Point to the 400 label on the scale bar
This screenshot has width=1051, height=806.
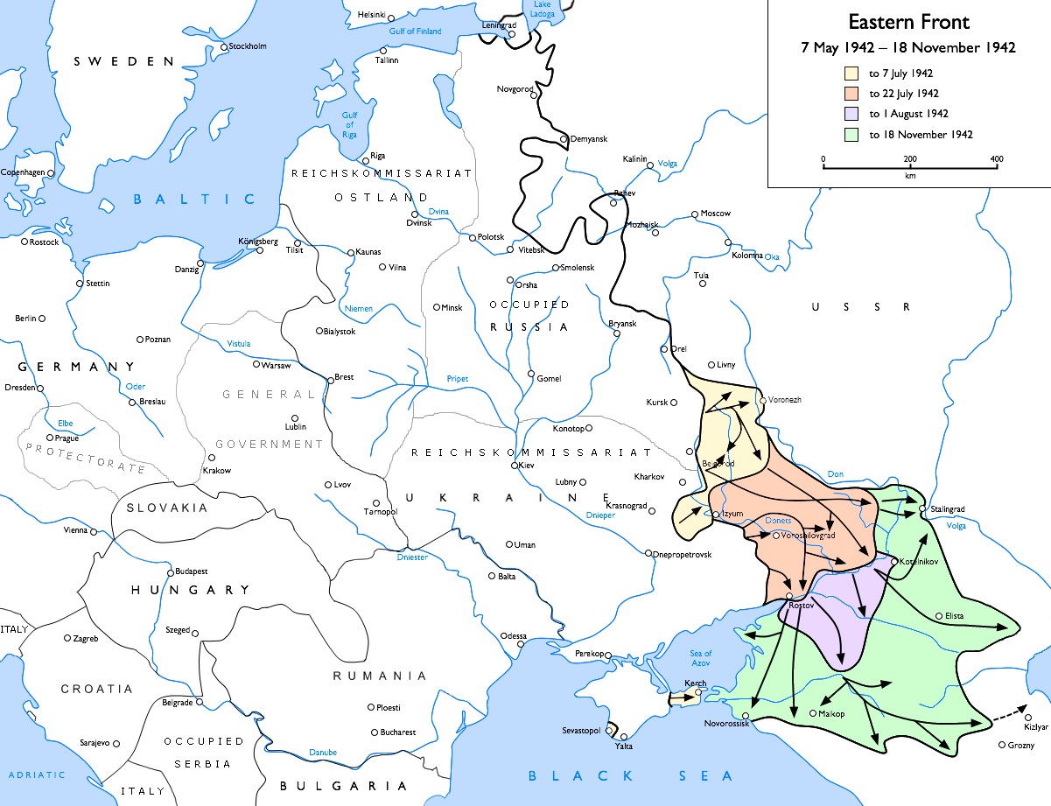tap(996, 159)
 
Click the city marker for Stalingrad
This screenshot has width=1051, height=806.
tap(922, 508)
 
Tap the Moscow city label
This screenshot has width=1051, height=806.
tap(715, 214)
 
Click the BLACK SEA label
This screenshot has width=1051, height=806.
tap(630, 775)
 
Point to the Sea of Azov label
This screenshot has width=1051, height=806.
tap(701, 659)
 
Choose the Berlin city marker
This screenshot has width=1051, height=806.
tap(41, 319)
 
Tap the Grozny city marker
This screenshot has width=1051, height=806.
tap(1002, 746)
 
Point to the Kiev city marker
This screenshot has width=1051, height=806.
tap(515, 466)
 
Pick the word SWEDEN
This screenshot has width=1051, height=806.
tap(125, 61)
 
